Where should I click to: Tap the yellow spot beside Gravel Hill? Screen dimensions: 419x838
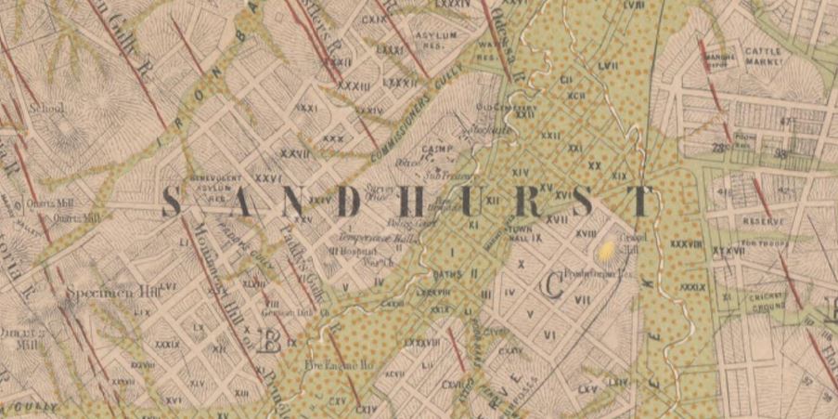tap(606, 249)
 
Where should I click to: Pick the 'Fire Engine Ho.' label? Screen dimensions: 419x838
tap(339, 365)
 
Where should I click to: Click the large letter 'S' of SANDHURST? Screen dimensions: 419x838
tap(172, 202)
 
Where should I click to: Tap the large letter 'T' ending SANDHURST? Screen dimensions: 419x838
tap(639, 202)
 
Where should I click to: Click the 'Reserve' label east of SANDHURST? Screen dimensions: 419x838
tap(762, 222)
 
